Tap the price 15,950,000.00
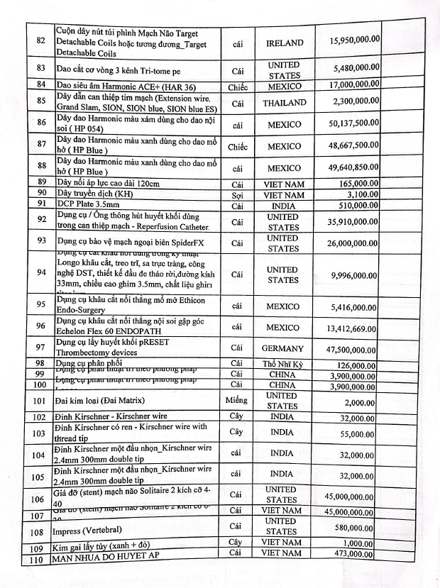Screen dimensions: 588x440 (x=354, y=41)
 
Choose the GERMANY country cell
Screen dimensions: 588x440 (x=282, y=349)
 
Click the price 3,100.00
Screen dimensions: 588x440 (x=365, y=194)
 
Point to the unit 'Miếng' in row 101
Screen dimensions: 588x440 (x=236, y=401)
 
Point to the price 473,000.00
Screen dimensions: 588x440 (x=358, y=553)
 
